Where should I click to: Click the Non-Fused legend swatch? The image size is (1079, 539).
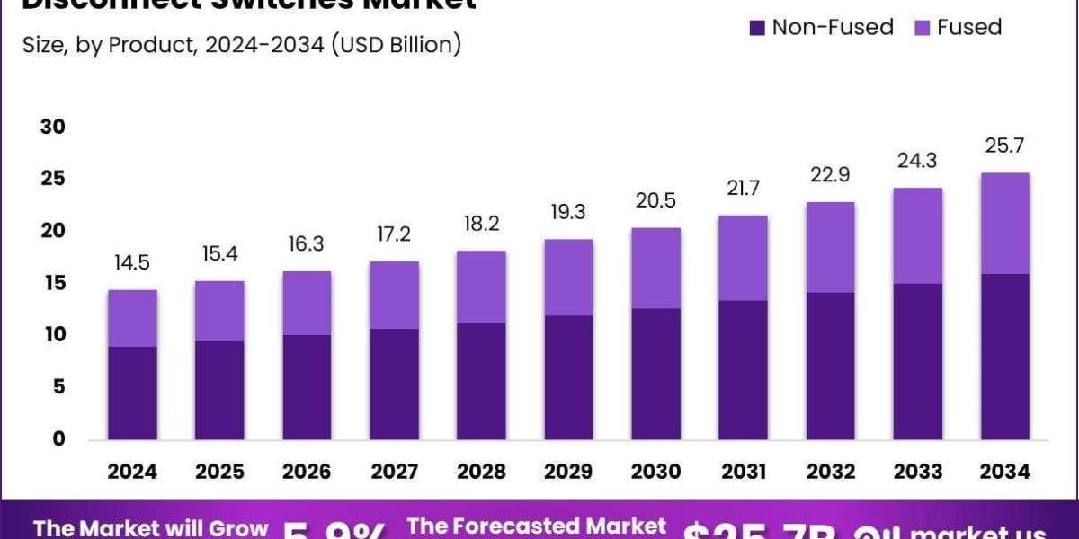[757, 29]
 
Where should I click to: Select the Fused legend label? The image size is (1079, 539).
[969, 28]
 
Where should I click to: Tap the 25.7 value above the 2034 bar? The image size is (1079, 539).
[1005, 146]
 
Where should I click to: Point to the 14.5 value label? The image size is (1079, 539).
[133, 264]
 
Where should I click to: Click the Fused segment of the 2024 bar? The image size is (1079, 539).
[133, 318]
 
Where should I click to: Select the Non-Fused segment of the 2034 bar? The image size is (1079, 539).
[1005, 357]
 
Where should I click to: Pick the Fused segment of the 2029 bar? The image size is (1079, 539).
[569, 278]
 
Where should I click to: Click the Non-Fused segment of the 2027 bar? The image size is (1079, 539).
[395, 384]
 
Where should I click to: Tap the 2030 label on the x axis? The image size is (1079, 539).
[656, 471]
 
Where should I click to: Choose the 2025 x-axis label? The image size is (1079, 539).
[220, 471]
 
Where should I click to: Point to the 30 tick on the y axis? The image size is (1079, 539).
[53, 127]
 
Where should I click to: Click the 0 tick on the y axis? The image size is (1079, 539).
[58, 439]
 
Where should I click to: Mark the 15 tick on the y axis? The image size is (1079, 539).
[53, 283]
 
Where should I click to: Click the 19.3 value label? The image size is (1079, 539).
[569, 213]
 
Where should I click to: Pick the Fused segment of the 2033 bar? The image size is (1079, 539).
[918, 235]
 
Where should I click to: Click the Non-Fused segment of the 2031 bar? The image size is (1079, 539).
[744, 370]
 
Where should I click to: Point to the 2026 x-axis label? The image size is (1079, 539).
[308, 471]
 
